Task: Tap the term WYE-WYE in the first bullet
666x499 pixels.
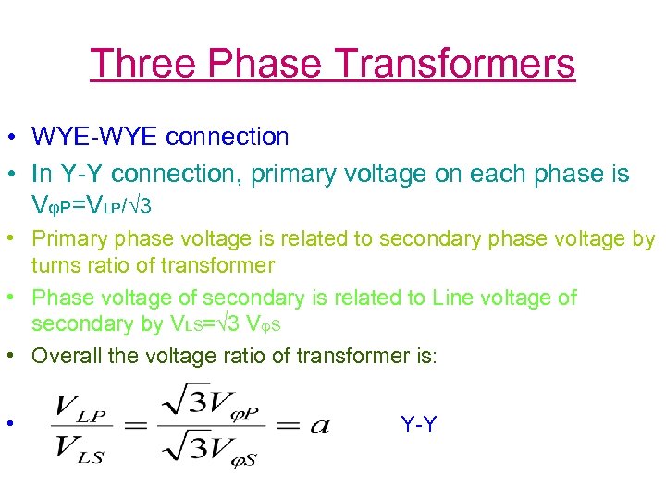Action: (96, 137)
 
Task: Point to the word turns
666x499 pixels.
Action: (58, 266)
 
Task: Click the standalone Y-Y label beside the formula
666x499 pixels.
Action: (419, 424)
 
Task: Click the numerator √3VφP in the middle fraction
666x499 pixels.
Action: (210, 405)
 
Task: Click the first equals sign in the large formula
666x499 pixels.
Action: (136, 426)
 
